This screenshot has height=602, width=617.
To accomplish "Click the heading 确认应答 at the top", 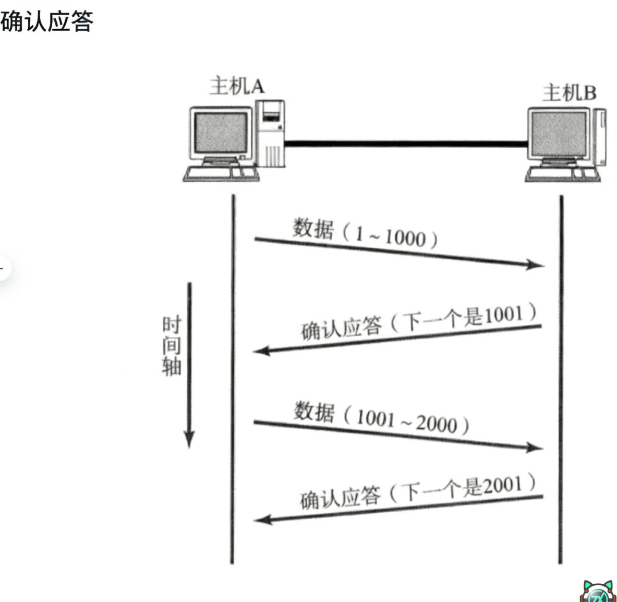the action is coord(47,21).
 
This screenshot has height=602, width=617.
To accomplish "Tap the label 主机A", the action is coord(237,86).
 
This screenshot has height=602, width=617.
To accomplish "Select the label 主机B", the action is coord(568,93).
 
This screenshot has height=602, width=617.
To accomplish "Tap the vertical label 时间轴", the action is coord(171,346).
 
